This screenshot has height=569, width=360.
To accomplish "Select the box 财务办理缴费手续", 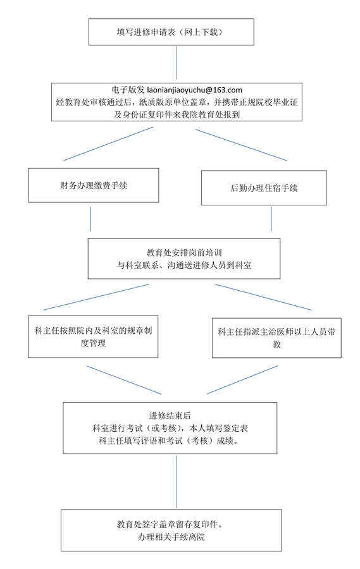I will click(94, 185).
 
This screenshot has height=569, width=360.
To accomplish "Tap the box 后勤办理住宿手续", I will click(263, 188).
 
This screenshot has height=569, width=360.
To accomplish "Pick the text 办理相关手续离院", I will click(171, 536).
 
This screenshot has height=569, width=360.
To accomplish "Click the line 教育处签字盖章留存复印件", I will click(172, 524).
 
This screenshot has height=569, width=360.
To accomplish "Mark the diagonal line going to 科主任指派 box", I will click(263, 297).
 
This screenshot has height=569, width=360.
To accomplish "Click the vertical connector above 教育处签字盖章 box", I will click(177, 482).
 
